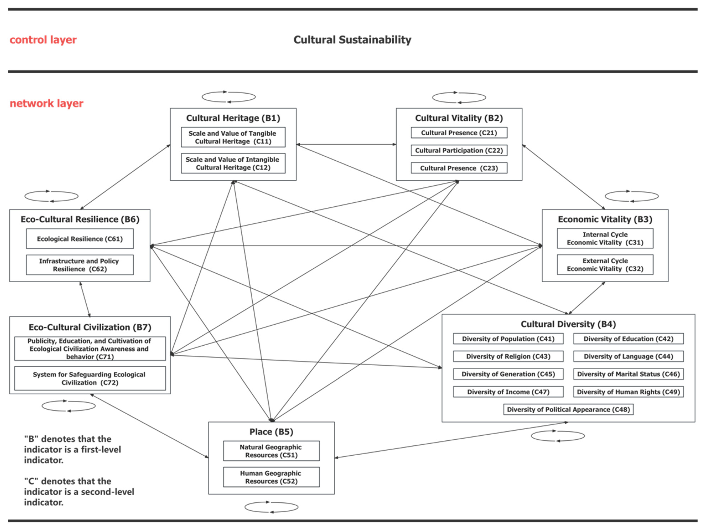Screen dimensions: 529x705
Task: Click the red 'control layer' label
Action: click(x=43, y=40)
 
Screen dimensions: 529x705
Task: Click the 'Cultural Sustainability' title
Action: click(x=352, y=40)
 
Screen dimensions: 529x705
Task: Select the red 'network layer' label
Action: click(x=46, y=103)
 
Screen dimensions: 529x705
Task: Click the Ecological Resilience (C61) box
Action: click(x=80, y=239)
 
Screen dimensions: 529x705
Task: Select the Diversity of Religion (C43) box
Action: click(x=508, y=356)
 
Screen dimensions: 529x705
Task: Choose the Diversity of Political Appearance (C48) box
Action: click(x=568, y=409)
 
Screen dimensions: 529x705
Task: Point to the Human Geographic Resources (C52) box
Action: click(x=271, y=477)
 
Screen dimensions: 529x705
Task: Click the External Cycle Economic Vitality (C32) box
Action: click(x=605, y=265)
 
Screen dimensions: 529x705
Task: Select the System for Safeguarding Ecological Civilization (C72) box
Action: click(x=90, y=379)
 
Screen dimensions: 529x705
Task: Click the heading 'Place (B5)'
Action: click(x=271, y=432)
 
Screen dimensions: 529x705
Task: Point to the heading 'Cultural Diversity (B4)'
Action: click(x=568, y=324)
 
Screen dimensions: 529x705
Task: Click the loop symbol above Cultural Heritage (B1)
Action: click(x=229, y=97)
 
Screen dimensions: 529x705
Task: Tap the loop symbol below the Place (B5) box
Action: click(x=271, y=507)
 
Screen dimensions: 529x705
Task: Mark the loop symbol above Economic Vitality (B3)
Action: click(x=632, y=196)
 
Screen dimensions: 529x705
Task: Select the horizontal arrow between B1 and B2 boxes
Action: click(x=346, y=144)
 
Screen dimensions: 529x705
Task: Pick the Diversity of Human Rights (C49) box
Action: click(x=628, y=392)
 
